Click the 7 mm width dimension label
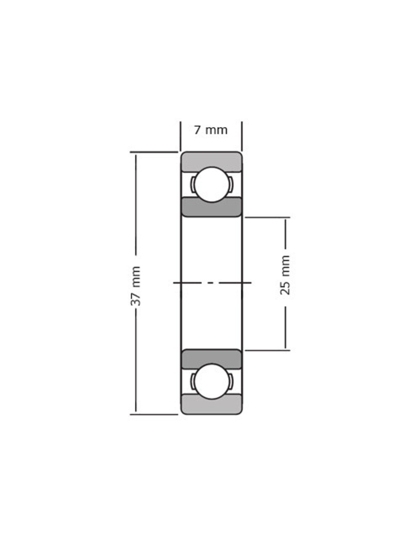click(211, 130)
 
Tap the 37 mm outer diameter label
click(136, 286)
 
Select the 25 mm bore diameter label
click(285, 275)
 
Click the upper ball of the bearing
click(212, 184)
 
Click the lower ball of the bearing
click(212, 381)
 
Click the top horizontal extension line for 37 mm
click(154, 152)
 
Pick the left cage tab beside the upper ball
click(193, 184)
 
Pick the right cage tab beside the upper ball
click(231, 184)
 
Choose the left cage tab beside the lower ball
click(193, 381)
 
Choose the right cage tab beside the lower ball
click(231, 381)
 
